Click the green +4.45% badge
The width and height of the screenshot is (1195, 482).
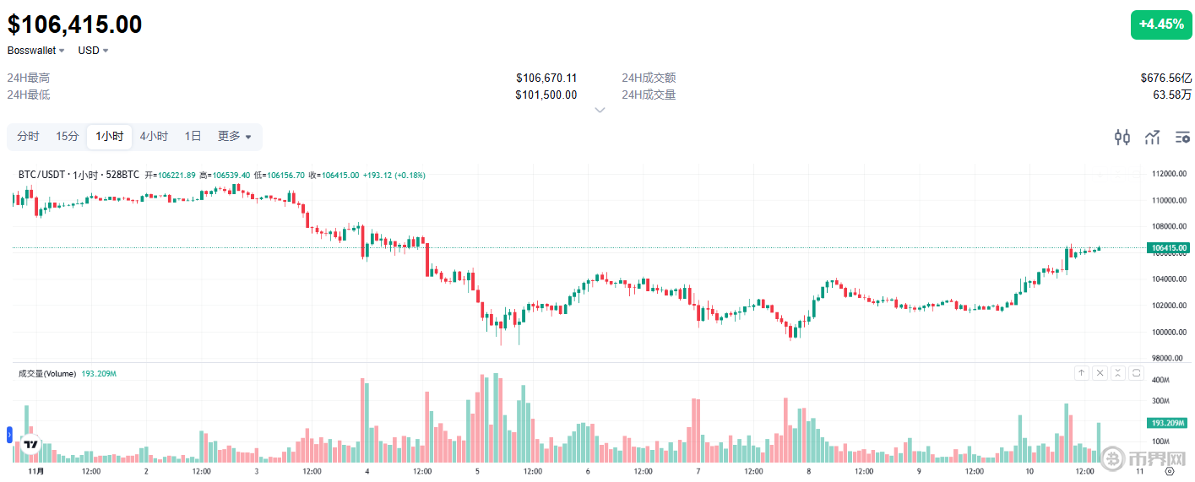1160,24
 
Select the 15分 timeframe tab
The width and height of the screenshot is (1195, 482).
68,136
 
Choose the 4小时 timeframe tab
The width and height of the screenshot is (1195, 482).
154,136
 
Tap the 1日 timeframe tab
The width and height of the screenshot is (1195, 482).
193,136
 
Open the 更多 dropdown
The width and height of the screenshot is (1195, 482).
234,136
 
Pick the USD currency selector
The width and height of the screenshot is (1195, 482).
93,51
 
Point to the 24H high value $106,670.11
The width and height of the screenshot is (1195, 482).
546,78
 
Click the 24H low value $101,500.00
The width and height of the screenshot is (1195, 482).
546,95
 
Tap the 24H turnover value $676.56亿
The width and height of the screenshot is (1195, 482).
1165,78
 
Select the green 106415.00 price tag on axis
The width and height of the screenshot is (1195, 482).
1169,248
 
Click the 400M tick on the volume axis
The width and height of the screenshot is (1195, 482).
1161,380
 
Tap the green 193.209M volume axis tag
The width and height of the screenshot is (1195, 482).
1169,422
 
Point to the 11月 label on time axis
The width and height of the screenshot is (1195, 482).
35,471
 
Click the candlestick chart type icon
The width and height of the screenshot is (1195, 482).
1122,137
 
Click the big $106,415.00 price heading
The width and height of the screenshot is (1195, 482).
75,24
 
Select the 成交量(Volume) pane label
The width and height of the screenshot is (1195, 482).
47,373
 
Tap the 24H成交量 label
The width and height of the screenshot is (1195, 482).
649,95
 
